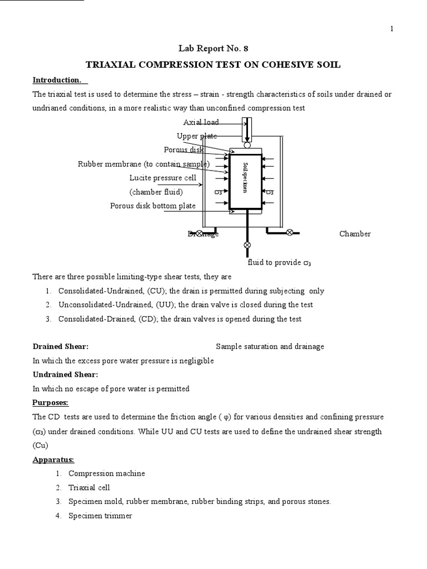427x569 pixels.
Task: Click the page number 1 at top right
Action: point(392,29)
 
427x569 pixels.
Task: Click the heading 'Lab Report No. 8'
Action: point(213,49)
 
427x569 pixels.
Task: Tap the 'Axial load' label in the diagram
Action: point(201,122)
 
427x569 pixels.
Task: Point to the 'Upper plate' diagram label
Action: point(196,136)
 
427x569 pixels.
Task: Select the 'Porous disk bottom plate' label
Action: point(153,206)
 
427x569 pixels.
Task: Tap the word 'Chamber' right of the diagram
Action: point(355,234)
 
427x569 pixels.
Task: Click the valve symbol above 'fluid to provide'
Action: point(247,245)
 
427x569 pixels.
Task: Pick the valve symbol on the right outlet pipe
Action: point(289,233)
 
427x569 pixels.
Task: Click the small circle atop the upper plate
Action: point(246,146)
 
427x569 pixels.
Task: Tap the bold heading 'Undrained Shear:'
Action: point(65,375)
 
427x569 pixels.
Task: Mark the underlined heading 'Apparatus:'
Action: point(53,460)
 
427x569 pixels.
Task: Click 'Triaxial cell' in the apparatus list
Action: point(89,487)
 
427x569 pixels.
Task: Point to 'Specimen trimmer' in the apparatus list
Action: point(101,516)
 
